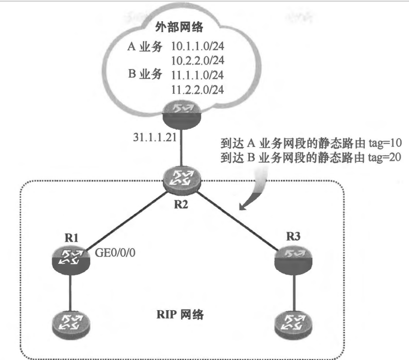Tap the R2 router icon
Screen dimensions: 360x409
click(x=181, y=182)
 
